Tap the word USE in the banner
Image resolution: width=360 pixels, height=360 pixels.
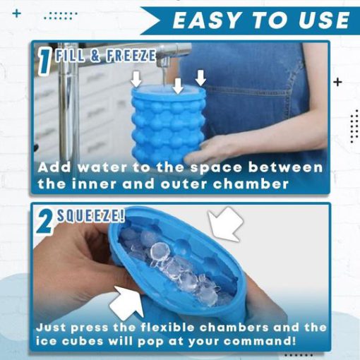click(324, 20)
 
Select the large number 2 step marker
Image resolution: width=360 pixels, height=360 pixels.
click(45, 222)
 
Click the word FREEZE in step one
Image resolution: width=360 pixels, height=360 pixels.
click(131, 56)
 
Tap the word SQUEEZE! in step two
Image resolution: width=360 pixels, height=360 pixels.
click(91, 215)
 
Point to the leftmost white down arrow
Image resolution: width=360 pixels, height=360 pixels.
click(136, 79)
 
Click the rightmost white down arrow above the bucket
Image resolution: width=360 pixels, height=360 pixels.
click(200, 78)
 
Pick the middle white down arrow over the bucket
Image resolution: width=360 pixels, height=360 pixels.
click(178, 86)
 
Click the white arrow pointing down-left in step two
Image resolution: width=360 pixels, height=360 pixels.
click(225, 224)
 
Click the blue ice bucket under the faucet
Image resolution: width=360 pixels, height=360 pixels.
click(168, 124)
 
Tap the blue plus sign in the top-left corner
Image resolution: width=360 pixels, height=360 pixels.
click(16, 13)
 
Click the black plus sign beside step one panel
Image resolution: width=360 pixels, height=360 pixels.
click(337, 82)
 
